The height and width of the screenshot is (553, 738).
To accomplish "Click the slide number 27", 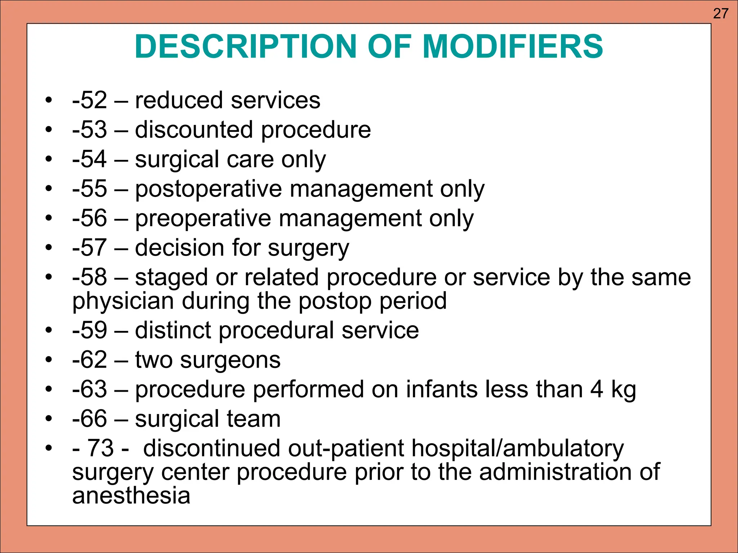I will point(720,14).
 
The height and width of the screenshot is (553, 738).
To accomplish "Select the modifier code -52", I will point(89,100).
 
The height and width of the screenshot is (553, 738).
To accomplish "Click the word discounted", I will point(194,130).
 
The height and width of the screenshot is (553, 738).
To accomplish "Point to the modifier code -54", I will point(89,159).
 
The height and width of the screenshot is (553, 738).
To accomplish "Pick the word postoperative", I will point(208,189).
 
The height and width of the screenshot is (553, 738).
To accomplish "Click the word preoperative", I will point(203,219).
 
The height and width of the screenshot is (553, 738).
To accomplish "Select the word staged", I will point(171,278).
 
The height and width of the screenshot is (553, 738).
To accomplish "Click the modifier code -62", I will point(89,360).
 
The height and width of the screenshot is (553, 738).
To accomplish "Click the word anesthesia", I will point(131,496).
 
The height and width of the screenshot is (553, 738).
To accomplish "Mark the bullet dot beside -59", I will point(49,330).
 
